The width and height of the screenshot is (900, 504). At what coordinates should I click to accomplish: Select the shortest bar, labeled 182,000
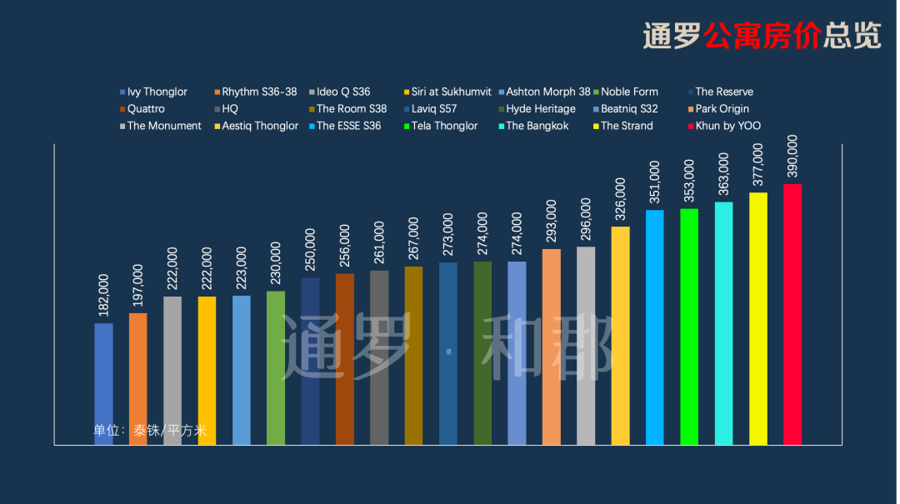click(x=103, y=384)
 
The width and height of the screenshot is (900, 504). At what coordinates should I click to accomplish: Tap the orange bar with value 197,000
click(x=138, y=379)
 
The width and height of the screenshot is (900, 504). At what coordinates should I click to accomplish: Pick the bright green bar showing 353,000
click(x=689, y=327)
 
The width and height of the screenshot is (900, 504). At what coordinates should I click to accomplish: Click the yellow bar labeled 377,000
click(x=757, y=318)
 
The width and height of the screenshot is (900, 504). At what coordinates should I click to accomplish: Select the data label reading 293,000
click(x=551, y=222)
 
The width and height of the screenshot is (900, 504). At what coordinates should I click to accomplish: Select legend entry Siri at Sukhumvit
click(x=450, y=92)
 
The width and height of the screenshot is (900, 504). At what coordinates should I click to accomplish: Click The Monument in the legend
click(x=163, y=126)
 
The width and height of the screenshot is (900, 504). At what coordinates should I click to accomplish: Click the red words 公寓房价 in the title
click(x=762, y=36)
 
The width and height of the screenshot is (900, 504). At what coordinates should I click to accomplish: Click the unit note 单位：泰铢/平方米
click(x=150, y=431)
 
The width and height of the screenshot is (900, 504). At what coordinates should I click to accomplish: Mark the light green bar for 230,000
click(x=276, y=367)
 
